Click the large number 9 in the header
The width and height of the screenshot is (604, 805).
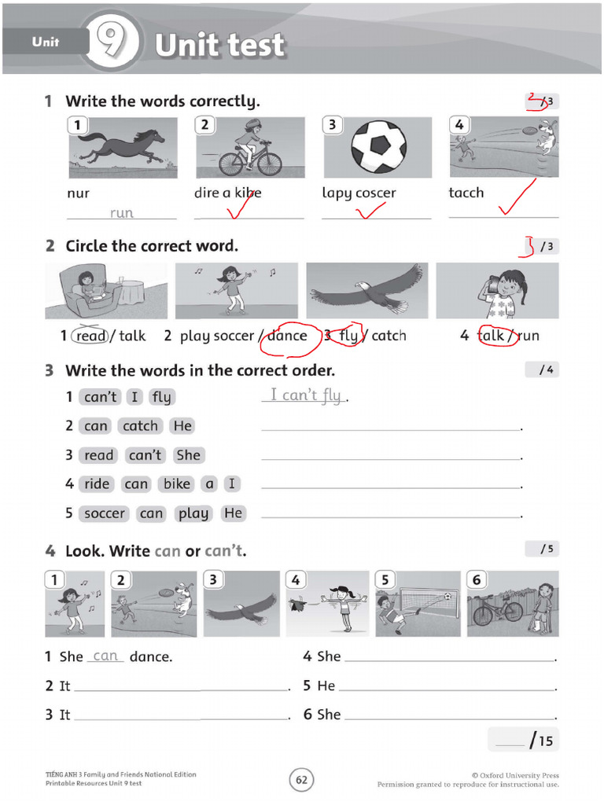(110, 44)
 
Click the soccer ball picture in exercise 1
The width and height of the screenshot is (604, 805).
(377, 147)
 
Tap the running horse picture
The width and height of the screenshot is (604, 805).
(123, 147)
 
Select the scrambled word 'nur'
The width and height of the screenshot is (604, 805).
(79, 193)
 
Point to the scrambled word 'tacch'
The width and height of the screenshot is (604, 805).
(466, 193)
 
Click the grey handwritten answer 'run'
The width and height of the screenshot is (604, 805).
(122, 212)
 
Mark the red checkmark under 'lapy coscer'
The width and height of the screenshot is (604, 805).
(370, 211)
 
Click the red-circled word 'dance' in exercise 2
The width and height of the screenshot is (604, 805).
(287, 336)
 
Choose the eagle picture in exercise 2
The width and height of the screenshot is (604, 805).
(367, 290)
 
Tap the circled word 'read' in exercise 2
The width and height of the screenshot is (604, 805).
(91, 336)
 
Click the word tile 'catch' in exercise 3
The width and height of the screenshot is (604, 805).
(141, 426)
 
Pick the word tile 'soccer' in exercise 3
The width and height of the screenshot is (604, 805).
(105, 513)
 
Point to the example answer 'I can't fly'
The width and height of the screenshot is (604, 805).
(306, 395)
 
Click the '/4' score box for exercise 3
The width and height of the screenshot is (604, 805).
(543, 369)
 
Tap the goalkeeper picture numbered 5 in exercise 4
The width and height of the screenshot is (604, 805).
(417, 604)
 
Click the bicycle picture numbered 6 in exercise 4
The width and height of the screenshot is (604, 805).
(513, 604)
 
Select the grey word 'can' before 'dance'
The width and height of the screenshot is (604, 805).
(105, 656)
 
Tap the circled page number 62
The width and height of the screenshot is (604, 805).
(302, 780)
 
